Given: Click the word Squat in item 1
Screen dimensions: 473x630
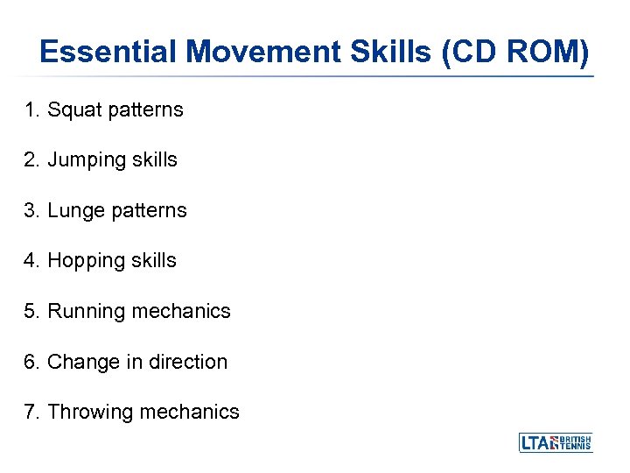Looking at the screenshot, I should (x=73, y=109).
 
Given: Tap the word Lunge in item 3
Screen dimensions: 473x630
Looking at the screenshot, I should (x=74, y=210).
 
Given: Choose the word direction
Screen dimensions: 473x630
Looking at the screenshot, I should (x=187, y=362).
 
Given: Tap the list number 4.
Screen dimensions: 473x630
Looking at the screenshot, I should (x=32, y=260).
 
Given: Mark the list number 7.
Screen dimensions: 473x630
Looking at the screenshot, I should (x=32, y=412).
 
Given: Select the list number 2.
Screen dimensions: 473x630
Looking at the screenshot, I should (x=32, y=159).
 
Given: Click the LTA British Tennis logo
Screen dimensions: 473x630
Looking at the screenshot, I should (x=556, y=442).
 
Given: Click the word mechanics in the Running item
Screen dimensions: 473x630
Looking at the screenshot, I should (x=182, y=311).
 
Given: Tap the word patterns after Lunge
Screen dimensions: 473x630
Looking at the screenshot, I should (x=150, y=210).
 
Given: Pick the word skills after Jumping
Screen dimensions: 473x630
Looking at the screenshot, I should (x=154, y=159).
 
